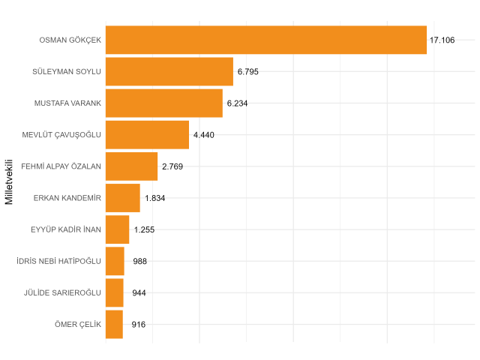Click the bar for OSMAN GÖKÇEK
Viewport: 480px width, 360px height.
pos(265,40)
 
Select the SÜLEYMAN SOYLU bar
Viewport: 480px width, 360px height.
pos(169,71)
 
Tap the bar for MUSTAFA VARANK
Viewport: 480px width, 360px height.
pos(163,103)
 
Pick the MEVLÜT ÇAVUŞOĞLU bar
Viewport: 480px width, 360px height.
pos(147,134)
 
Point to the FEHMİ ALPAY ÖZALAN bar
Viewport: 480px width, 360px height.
pos(131,166)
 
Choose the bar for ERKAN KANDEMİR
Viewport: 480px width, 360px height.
pos(122,198)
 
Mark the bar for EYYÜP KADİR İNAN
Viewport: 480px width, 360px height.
pos(117,229)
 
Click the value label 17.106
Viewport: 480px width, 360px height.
pos(442,40)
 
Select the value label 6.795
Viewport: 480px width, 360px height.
pos(248,71)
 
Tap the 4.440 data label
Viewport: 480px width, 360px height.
pos(204,135)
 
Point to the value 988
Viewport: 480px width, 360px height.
pos(139,261)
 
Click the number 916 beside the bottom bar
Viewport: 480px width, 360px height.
pos(138,325)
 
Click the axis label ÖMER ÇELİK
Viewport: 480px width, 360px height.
pos(78,325)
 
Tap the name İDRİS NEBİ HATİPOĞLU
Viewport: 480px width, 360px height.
pos(58,261)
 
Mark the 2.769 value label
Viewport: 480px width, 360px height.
pos(172,166)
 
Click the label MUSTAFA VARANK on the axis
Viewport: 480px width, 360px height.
pos(67,103)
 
